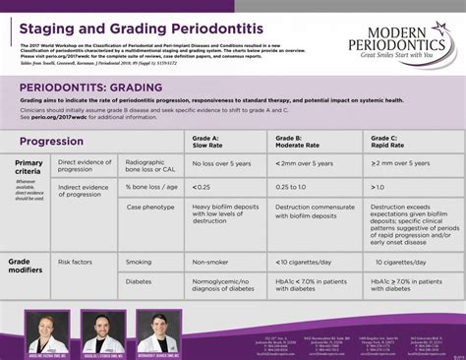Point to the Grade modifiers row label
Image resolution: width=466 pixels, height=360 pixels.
[x=28, y=267]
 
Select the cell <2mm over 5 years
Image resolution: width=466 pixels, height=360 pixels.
[x=308, y=164]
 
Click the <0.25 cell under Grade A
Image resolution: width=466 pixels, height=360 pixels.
[x=202, y=186]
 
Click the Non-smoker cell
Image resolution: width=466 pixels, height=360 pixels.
[x=210, y=263]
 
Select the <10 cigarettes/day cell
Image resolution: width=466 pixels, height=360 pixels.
[x=309, y=263]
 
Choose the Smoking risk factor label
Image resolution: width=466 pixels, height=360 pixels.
[x=139, y=263]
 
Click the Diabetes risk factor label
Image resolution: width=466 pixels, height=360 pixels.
[x=140, y=282]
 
